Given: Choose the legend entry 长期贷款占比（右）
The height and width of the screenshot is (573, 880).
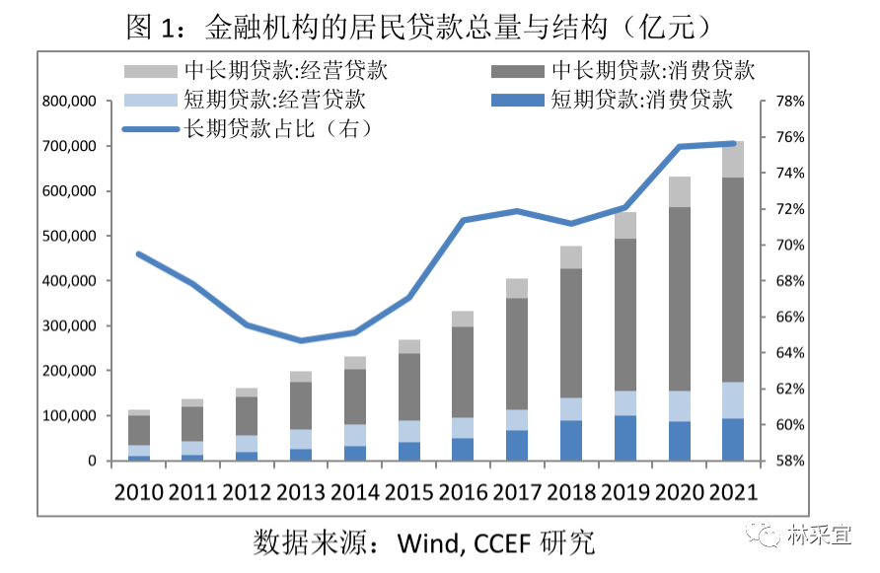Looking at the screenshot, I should [x=252, y=128].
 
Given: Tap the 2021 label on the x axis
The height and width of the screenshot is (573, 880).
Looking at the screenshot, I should [x=732, y=491].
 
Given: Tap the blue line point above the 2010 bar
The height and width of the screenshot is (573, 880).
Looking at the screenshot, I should [x=139, y=254].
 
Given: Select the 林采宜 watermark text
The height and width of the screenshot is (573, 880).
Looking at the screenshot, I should [x=825, y=537].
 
